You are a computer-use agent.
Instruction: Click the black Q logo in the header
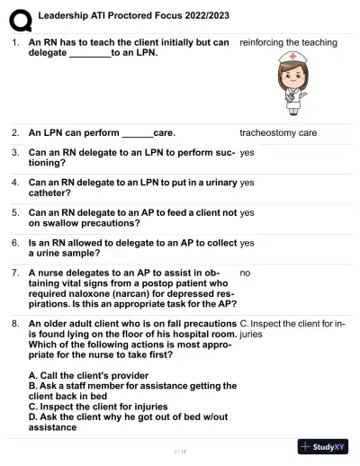point(19,16)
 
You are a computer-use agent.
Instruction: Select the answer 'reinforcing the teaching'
point(288,42)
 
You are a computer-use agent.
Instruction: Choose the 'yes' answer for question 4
point(247,183)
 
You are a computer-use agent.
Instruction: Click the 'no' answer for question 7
point(245,272)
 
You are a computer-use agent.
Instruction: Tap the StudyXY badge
point(323,447)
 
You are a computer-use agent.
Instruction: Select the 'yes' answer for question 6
point(247,242)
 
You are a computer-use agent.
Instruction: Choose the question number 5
point(15,212)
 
